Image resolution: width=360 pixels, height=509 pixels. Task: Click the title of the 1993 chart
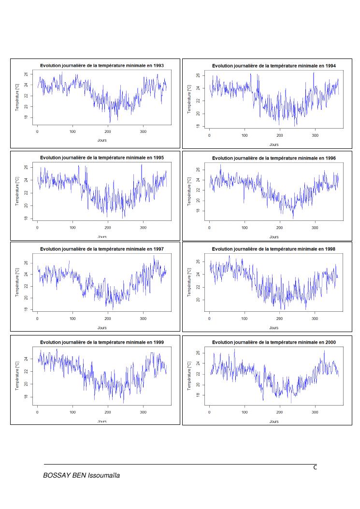tap(101, 65)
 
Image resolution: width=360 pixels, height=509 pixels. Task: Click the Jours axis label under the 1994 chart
tap(274, 145)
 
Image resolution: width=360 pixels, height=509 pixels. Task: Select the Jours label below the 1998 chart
tap(274, 328)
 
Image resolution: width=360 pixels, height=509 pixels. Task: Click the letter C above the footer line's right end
tap(315, 467)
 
